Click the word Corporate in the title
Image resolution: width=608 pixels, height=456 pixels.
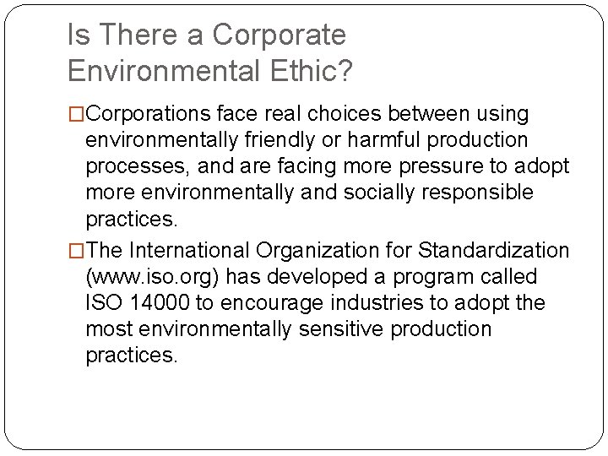[280, 35]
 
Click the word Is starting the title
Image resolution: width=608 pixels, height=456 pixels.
[77, 35]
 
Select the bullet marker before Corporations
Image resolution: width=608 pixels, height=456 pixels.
[77, 113]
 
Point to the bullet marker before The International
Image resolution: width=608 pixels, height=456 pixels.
[77, 251]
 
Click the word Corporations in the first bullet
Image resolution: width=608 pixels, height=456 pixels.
[149, 113]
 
